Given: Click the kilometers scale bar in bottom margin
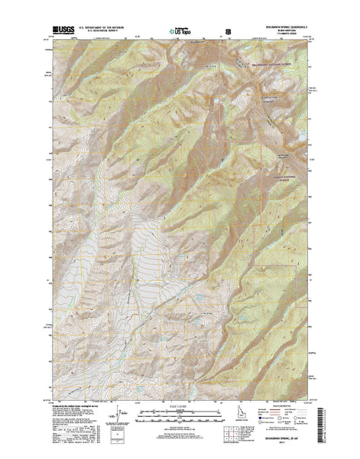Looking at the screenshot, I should [179, 405].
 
